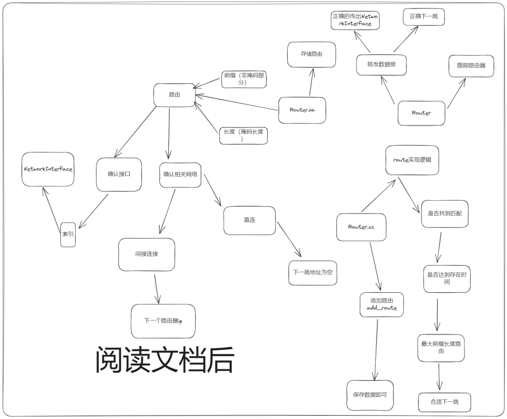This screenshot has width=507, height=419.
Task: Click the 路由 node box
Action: [x=174, y=95]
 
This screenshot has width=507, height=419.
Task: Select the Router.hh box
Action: [x=302, y=110]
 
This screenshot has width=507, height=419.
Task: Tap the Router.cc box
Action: [x=360, y=227]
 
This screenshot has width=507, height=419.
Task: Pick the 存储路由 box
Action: [x=311, y=54]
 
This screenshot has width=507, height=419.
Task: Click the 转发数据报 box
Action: [x=381, y=65]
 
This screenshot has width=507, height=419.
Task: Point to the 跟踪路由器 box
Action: [x=471, y=66]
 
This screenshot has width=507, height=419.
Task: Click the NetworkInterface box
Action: [x=48, y=169]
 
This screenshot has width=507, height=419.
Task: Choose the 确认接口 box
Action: [x=119, y=175]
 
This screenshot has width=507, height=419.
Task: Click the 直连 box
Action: [x=250, y=220]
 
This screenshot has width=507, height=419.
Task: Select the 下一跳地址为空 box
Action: [x=312, y=273]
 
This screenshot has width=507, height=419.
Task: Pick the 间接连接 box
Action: [x=147, y=254]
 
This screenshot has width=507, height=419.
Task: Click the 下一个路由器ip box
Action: [x=163, y=321]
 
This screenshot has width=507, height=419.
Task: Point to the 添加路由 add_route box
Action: [x=382, y=305]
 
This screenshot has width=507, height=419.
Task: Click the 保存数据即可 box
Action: [x=370, y=395]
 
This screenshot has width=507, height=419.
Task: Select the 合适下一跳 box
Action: [x=444, y=402]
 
